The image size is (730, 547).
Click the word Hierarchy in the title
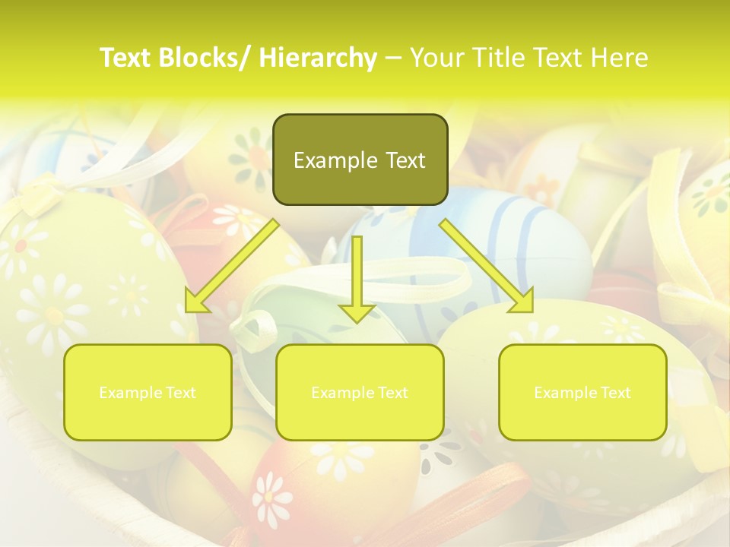coord(318,58)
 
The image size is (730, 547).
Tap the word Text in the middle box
coord(393,393)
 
